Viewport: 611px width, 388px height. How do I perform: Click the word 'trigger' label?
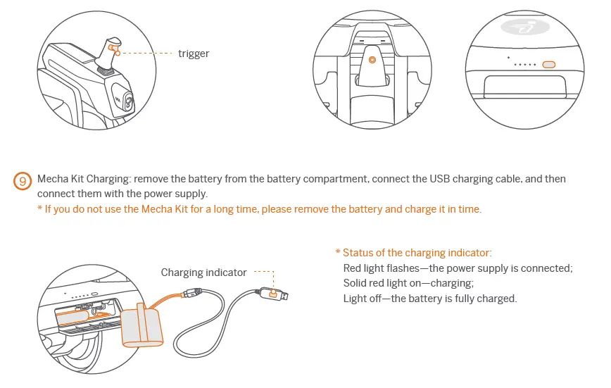coord(194,54)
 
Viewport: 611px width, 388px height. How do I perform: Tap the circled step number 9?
coord(24,181)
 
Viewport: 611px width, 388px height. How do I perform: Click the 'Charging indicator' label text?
coord(203,273)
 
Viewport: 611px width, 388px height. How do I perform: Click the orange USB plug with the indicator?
coord(272,292)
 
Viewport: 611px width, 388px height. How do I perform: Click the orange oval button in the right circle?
coord(549,65)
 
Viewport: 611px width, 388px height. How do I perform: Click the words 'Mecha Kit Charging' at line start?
coord(84,179)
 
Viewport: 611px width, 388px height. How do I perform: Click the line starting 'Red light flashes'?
coord(458,268)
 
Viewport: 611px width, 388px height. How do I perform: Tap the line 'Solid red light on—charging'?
coord(408,283)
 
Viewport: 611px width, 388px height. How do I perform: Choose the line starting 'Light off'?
coord(429,298)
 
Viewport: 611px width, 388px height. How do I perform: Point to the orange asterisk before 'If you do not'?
coord(40,210)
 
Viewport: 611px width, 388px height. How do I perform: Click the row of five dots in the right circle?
coord(525,65)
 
